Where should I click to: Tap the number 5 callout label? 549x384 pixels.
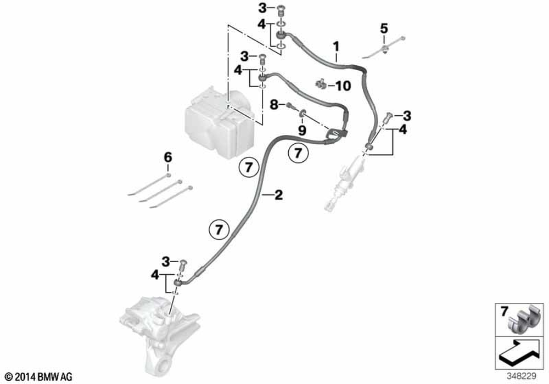384,27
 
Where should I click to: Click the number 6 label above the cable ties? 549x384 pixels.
168,157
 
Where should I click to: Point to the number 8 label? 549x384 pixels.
273,104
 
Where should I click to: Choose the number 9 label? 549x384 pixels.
301,130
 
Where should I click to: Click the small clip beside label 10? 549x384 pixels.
321,84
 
